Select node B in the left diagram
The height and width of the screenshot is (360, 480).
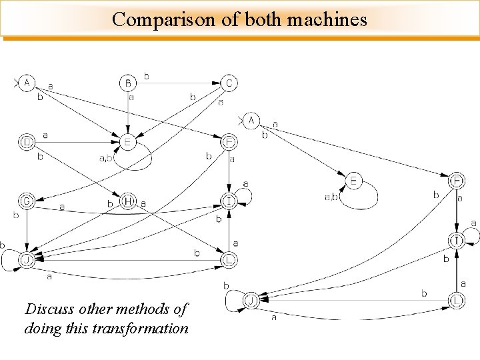coord(128,83)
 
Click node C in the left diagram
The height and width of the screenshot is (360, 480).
coord(229,83)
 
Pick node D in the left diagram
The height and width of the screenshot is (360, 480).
coord(27,141)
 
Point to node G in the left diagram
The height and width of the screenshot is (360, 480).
coord(27,200)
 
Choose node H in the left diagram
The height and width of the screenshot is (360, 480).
coord(128,201)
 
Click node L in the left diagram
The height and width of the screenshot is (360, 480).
coord(229,259)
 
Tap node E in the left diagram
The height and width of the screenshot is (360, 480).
coord(128,141)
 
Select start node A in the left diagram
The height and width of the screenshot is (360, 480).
coord(27,83)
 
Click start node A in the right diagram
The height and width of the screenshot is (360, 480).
coord(251,121)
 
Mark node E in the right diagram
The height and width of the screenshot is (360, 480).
coord(354,180)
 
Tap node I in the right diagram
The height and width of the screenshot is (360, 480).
coord(456,240)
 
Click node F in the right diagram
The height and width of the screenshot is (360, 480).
coord(456,181)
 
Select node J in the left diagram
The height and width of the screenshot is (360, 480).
coord(27,259)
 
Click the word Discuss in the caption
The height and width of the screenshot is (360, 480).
coord(50,309)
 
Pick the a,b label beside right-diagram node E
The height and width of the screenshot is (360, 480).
coord(331,197)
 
